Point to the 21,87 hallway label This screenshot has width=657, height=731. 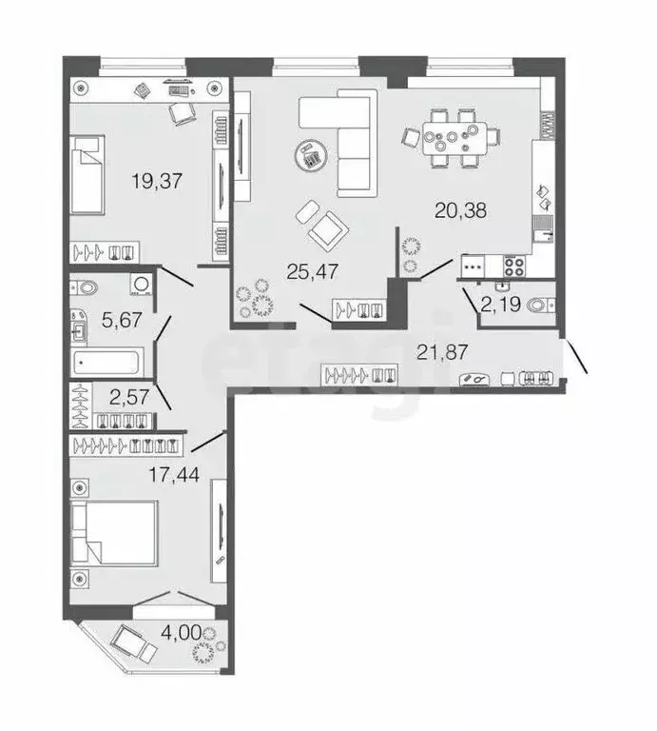coord(440,352)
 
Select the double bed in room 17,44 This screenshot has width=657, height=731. coord(118,533)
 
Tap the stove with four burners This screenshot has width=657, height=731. coord(514,267)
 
